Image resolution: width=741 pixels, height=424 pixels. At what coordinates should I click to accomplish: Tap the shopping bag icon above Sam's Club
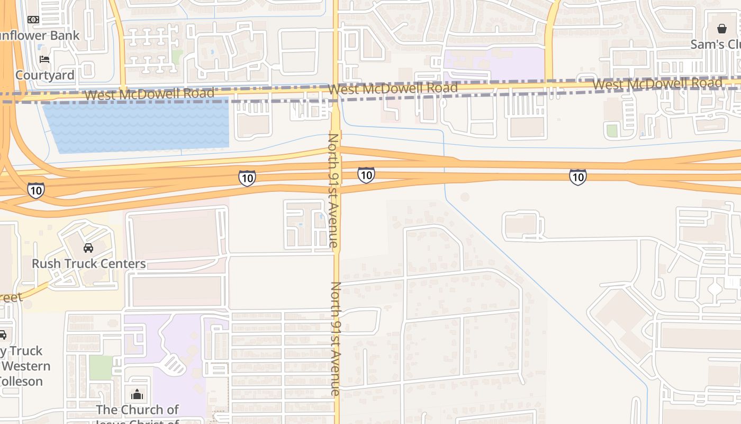click(x=722, y=29)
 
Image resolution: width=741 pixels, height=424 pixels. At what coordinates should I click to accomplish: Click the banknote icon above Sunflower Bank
click(x=33, y=20)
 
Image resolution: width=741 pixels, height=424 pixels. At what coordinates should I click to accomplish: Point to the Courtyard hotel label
click(x=45, y=75)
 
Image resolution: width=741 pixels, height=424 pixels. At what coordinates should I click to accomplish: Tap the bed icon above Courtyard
click(x=44, y=59)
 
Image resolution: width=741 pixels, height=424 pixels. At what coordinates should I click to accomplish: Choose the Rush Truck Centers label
click(x=88, y=263)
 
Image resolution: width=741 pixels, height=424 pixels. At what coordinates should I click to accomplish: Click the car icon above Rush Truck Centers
click(x=88, y=248)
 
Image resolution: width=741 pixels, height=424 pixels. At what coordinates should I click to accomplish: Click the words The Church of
click(x=138, y=410)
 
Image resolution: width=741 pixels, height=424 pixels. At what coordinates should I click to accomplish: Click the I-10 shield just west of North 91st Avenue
click(x=247, y=178)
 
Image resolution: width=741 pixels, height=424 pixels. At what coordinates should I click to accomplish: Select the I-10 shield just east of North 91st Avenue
click(x=366, y=174)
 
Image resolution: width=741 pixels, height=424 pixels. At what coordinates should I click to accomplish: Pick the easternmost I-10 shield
click(x=577, y=176)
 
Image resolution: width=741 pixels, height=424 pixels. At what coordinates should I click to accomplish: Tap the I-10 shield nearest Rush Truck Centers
click(x=35, y=190)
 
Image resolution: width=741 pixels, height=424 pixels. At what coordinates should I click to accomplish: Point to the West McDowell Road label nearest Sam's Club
click(x=657, y=84)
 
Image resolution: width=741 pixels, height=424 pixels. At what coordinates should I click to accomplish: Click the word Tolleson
click(x=21, y=381)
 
